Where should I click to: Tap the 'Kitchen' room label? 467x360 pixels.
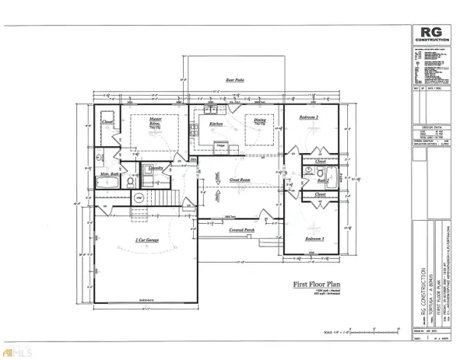215,124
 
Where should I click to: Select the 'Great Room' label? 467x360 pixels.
239,180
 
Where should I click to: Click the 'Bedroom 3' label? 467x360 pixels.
314,238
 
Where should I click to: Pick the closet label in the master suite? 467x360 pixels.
108,122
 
